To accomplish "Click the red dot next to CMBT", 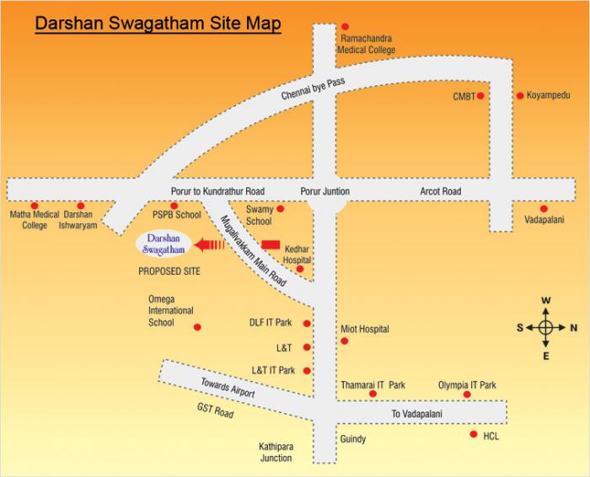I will [x=480, y=96].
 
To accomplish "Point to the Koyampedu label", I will [x=549, y=96].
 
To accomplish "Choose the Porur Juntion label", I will [x=324, y=192].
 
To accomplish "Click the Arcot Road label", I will [x=441, y=192].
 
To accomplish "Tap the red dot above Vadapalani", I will [x=544, y=208].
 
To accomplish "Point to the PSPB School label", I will [x=176, y=216].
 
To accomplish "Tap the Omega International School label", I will [x=171, y=310].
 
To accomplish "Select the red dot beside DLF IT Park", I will [x=307, y=324].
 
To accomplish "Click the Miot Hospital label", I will [x=365, y=329].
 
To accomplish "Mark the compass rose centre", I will [x=545, y=329].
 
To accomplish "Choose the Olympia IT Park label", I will [x=467, y=385].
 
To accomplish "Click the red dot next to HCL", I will [x=472, y=435].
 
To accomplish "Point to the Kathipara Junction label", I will [x=276, y=453].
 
